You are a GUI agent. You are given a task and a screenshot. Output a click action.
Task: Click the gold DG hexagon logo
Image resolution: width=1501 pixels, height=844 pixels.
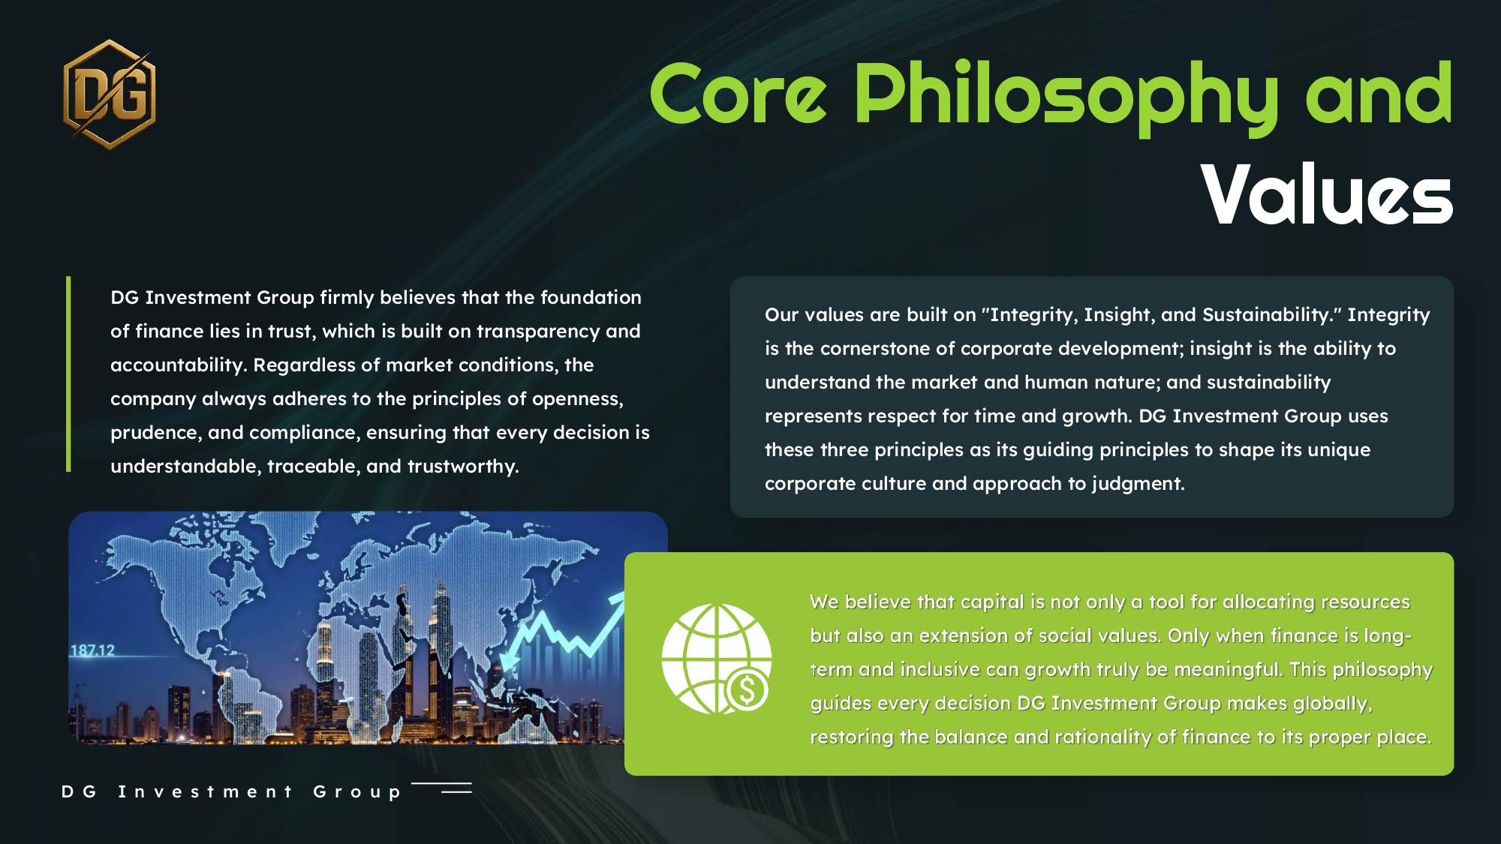(110, 95)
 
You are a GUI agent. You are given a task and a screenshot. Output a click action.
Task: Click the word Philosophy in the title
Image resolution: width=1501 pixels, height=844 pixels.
(1066, 98)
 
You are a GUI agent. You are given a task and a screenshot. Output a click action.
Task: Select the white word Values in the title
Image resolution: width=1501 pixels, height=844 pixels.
(1327, 194)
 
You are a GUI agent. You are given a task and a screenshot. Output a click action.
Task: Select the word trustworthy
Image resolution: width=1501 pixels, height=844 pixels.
(462, 467)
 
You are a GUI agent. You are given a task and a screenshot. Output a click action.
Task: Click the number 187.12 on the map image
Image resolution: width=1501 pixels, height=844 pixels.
(92, 650)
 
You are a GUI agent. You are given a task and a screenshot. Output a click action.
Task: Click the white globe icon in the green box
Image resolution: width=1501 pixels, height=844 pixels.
(716, 659)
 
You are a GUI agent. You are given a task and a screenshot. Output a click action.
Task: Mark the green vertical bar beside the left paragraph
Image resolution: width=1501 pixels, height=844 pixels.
(68, 374)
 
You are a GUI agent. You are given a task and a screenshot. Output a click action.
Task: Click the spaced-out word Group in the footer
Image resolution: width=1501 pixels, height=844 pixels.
(356, 792)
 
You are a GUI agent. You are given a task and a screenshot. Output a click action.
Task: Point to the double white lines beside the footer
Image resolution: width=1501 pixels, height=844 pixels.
(442, 788)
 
